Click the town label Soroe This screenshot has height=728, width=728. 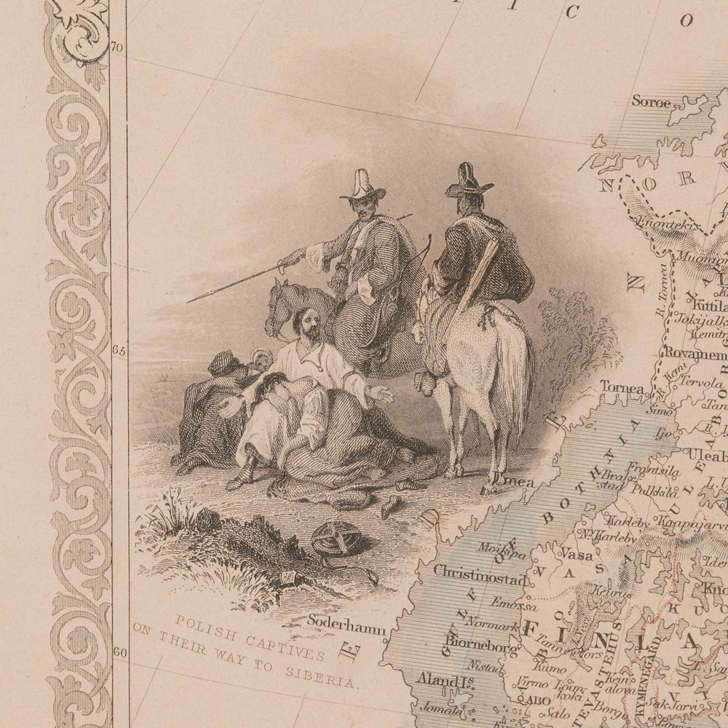click(650, 102)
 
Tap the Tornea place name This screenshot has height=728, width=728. click(623, 389)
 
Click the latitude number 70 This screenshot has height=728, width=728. click(117, 49)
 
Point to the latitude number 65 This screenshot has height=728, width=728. click(119, 349)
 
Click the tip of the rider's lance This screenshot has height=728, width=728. click(189, 301)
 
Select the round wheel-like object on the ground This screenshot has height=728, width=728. click(337, 539)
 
